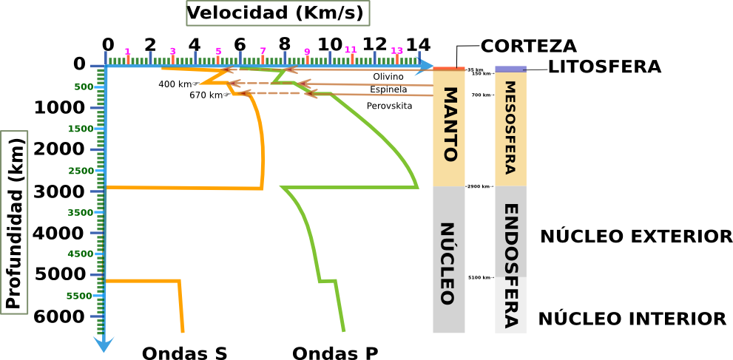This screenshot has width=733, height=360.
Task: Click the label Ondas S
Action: pyautogui.click(x=184, y=353)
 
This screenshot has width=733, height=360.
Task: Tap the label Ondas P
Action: pyautogui.click(x=335, y=353)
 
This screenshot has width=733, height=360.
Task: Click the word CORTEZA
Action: pyautogui.click(x=528, y=47)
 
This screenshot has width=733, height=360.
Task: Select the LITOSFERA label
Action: pyautogui.click(x=604, y=68)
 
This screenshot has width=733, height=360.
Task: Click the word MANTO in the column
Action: pyautogui.click(x=449, y=125)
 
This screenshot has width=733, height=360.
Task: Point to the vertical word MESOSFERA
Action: pyautogui.click(x=510, y=127)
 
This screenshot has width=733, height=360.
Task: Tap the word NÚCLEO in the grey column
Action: pyautogui.click(x=448, y=264)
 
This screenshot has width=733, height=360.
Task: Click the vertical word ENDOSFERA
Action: pyautogui.click(x=510, y=265)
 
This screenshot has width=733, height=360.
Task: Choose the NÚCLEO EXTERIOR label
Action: pyautogui.click(x=636, y=237)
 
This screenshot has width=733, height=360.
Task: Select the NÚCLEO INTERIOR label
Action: pyautogui.click(x=632, y=319)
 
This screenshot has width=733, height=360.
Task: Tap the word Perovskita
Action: pyautogui.click(x=389, y=106)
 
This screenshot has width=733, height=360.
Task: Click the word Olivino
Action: pyautogui.click(x=388, y=76)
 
